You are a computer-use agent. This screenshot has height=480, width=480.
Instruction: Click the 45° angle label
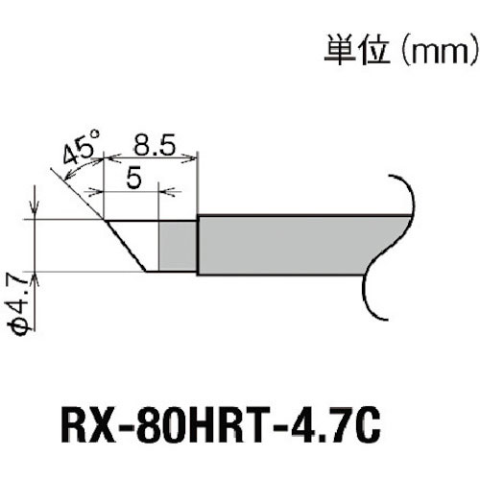pos(80,150)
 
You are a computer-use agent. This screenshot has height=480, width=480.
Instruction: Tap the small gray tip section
pos(177,245)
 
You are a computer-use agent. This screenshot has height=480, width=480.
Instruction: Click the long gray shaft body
pos(288,245)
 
